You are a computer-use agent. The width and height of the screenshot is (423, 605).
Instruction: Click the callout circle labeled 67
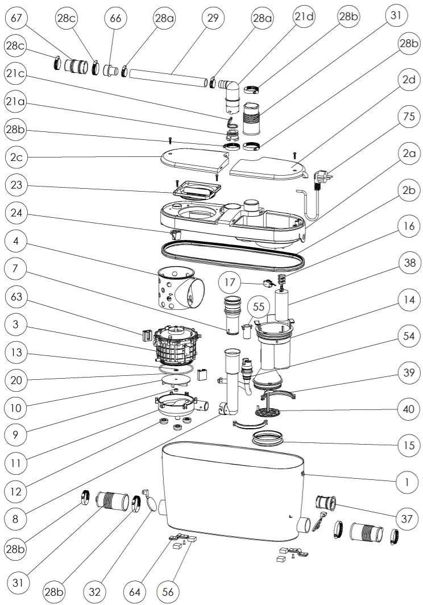(15, 18)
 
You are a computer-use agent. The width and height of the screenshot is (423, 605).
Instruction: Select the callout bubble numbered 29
(213, 18)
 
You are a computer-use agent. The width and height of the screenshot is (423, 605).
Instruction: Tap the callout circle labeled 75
(409, 117)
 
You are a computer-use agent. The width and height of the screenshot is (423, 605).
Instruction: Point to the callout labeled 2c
(16, 158)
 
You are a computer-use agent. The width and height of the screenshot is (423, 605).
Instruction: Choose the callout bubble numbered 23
(16, 185)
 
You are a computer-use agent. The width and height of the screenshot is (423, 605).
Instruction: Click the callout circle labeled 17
(230, 282)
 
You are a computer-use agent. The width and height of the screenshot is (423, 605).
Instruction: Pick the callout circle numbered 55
(258, 306)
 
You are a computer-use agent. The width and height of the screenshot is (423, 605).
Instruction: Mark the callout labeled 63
(16, 297)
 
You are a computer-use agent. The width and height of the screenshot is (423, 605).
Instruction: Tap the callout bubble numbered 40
(409, 409)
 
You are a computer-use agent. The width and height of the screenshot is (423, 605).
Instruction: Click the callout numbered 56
(168, 591)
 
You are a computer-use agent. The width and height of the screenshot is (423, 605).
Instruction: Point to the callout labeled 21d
(304, 18)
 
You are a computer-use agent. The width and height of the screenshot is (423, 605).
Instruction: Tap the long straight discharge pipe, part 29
(168, 77)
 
